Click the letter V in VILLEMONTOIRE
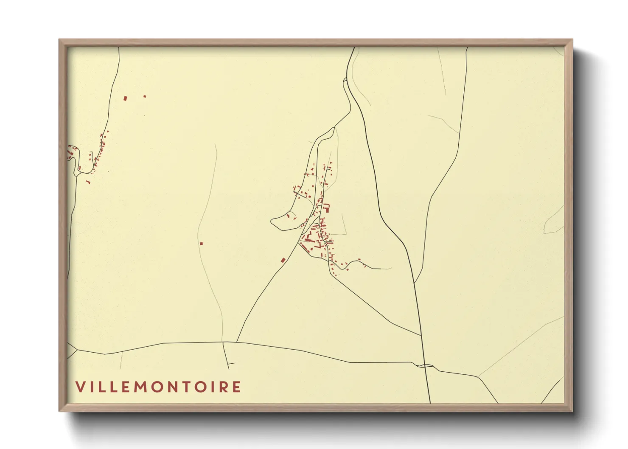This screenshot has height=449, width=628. [79, 387]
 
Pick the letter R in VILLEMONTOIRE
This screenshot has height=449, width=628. [224, 387]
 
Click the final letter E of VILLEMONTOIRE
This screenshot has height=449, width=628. [237, 387]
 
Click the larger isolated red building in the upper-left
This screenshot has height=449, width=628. [125, 98]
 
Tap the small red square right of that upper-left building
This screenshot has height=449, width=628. [145, 96]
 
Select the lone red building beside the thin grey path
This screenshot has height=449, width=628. [201, 244]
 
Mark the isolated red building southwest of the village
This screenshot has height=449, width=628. [283, 260]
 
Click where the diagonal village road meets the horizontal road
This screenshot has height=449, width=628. [236, 342]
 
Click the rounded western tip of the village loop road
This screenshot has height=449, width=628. [272, 221]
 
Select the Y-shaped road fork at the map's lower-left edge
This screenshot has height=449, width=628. [77, 349]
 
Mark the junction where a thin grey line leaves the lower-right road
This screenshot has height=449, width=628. [478, 376]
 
